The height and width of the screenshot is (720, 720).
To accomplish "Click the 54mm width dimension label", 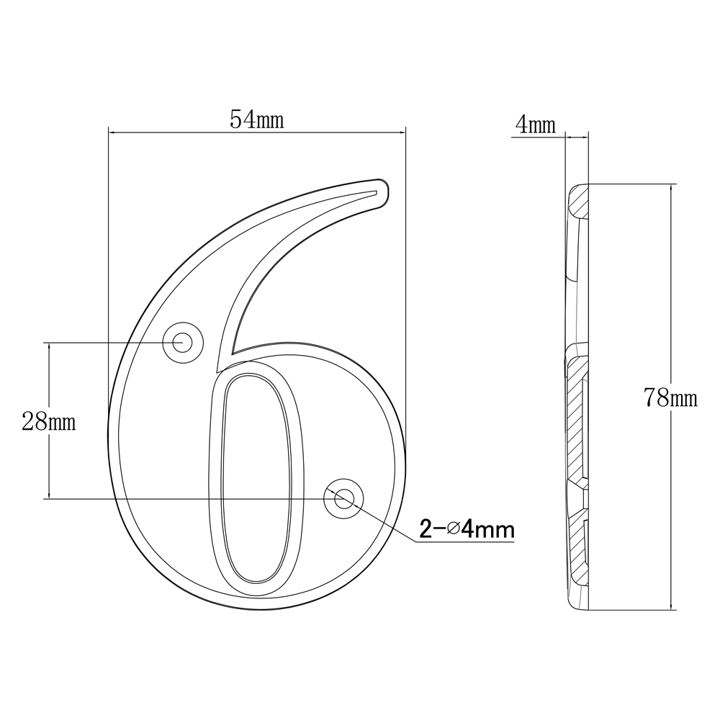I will pyautogui.click(x=256, y=120).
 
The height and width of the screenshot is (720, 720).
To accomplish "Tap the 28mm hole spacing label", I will pyautogui.click(x=48, y=422).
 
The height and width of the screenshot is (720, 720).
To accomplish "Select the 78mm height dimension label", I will pyautogui.click(x=670, y=397).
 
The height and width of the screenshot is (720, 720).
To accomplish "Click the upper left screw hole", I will pyautogui.click(x=181, y=342).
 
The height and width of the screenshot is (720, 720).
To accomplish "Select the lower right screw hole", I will pyautogui.click(x=343, y=498).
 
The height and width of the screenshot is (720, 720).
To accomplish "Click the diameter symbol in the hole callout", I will pyautogui.click(x=453, y=531).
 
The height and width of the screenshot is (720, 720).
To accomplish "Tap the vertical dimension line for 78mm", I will pyautogui.click(x=672, y=288).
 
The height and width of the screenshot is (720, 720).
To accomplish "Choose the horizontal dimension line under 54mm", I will pyautogui.click(x=180, y=131).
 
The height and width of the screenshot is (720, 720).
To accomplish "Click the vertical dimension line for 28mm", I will pyautogui.click(x=49, y=468).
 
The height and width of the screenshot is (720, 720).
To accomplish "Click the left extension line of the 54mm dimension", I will pyautogui.click(x=108, y=216).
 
